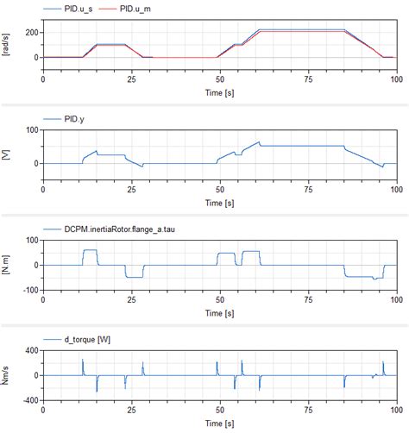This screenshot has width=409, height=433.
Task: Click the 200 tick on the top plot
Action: (x=31, y=33)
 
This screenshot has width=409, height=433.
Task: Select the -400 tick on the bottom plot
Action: (x=29, y=401)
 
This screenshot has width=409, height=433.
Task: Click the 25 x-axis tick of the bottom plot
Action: (x=131, y=411)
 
